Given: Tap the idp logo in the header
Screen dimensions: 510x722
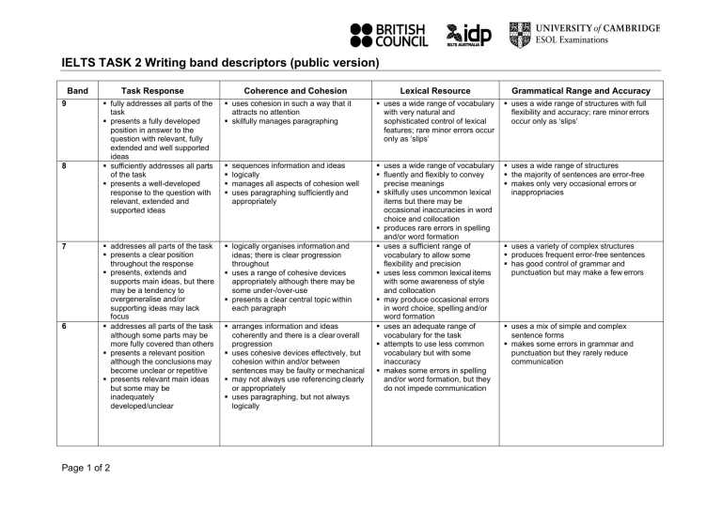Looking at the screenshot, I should (x=468, y=35).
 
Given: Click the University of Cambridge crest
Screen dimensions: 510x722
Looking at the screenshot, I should (x=519, y=35).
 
